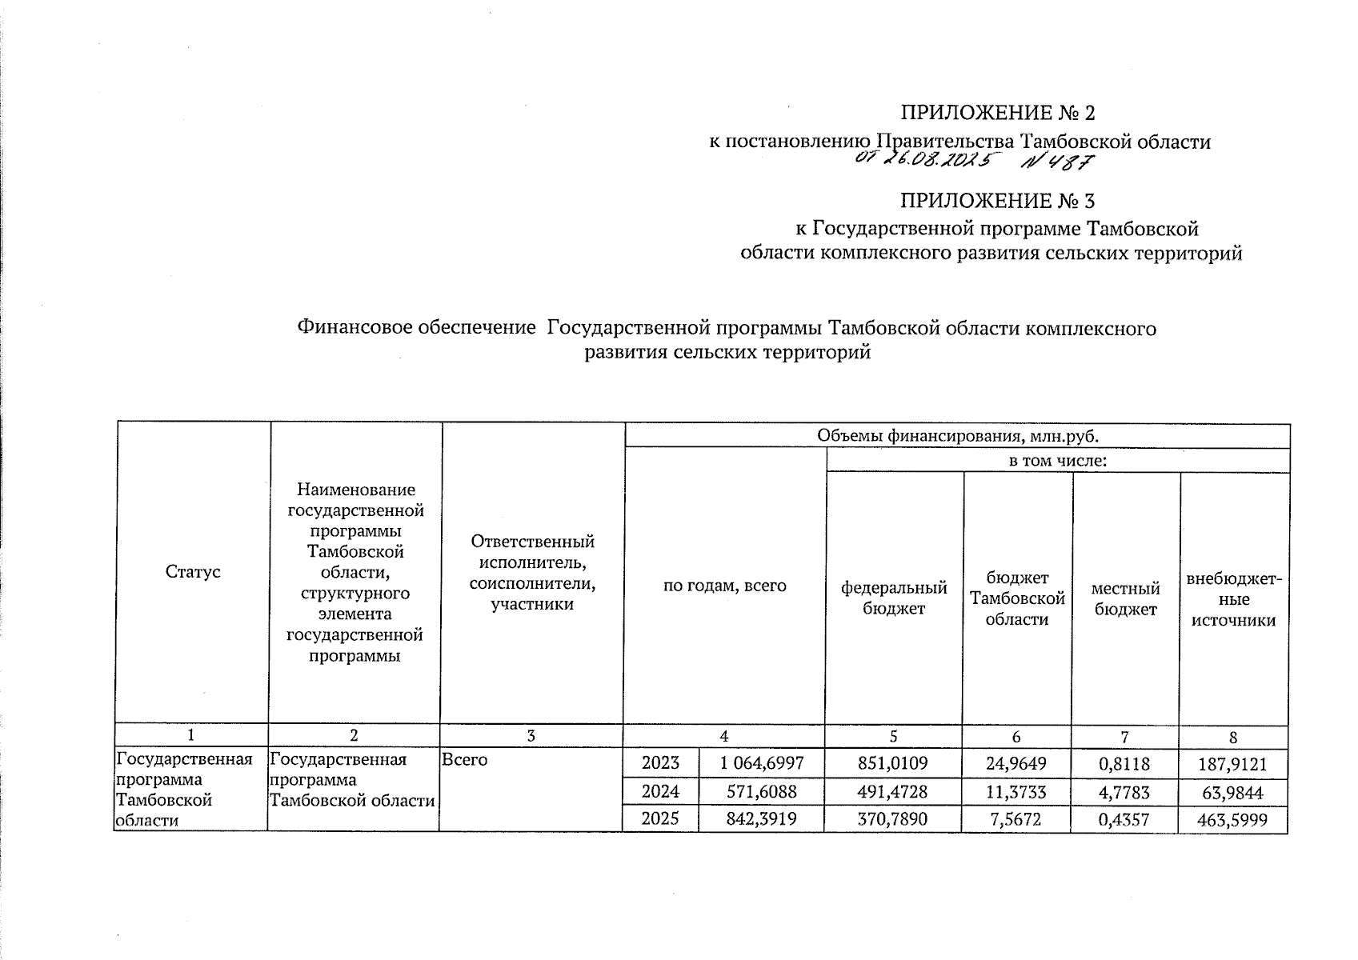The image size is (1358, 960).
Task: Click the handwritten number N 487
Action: coord(1058,162)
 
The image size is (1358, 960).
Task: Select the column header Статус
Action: coord(192,572)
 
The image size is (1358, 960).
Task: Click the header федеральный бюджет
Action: coord(893,598)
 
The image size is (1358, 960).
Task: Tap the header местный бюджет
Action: coord(1125,598)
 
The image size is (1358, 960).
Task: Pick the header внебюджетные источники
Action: coord(1233,598)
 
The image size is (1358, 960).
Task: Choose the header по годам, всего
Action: coord(724,586)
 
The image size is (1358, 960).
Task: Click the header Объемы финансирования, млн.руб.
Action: coord(957,436)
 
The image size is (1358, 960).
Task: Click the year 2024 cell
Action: coord(660,791)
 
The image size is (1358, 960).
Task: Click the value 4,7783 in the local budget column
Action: coord(1125,791)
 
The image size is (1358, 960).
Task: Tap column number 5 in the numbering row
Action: coord(893,737)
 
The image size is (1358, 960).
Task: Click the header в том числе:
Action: coord(1057,461)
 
